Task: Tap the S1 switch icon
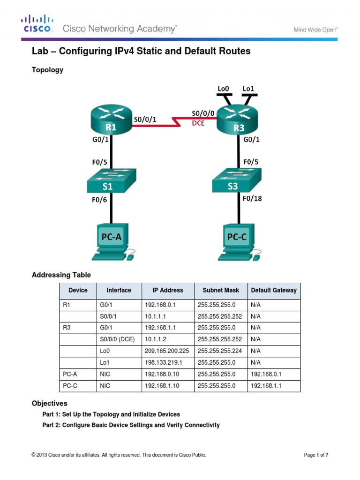point(111,180)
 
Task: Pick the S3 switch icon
point(239,180)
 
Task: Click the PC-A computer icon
point(112,242)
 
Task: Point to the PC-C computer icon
point(238,242)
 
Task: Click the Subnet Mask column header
point(221,290)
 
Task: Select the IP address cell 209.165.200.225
point(167,351)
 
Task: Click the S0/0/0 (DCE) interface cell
point(118,339)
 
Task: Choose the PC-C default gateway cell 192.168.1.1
point(267,386)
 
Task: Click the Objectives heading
point(49,403)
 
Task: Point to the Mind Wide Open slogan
point(315,29)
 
